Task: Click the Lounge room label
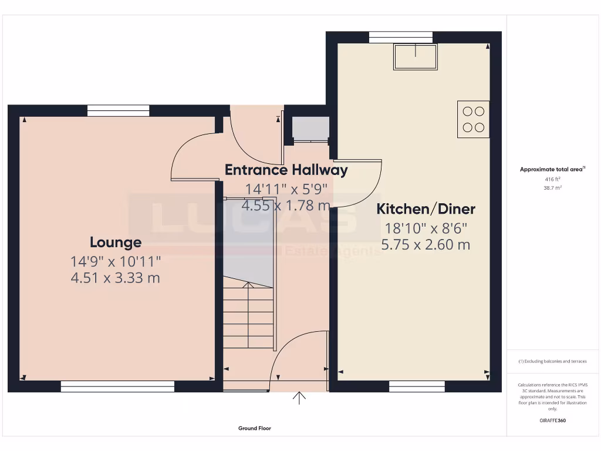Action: [116, 242]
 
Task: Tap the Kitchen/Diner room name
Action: [426, 208]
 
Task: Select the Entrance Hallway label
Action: [286, 170]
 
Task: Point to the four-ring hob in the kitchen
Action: [473, 119]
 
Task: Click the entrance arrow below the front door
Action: [300, 398]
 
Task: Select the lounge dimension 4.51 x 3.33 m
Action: [115, 277]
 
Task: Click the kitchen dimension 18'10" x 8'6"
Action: [426, 228]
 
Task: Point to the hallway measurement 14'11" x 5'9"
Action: [286, 189]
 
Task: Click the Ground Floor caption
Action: [255, 429]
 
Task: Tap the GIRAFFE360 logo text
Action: [552, 420]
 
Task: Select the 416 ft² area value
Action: [552, 179]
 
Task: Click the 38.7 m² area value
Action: [552, 188]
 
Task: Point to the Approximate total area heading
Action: [552, 169]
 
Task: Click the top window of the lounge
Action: [119, 110]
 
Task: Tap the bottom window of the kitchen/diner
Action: [417, 386]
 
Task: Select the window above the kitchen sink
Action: [401, 36]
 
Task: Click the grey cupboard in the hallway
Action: [310, 129]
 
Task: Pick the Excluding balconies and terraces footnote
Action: [552, 361]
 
